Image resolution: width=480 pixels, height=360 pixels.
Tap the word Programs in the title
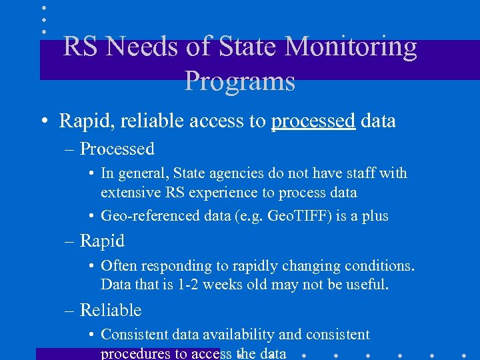pos(239,81)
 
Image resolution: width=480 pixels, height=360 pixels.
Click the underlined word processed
pos(313,121)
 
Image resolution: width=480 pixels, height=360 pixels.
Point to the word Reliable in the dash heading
pos(111,310)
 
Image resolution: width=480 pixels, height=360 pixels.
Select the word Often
pos(119,265)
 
